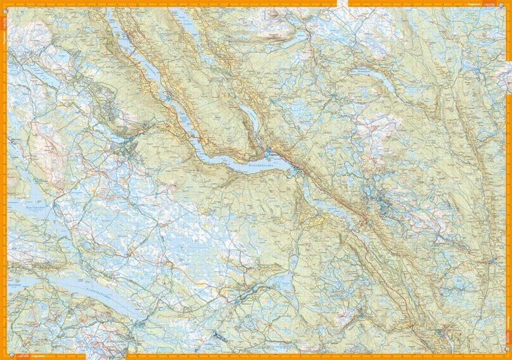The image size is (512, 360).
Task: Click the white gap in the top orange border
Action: point(342,4)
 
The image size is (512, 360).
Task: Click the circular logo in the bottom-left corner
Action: point(6,354)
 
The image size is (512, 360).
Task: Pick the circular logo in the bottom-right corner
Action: point(505,354)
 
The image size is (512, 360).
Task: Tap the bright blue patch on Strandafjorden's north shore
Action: point(268,150)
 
